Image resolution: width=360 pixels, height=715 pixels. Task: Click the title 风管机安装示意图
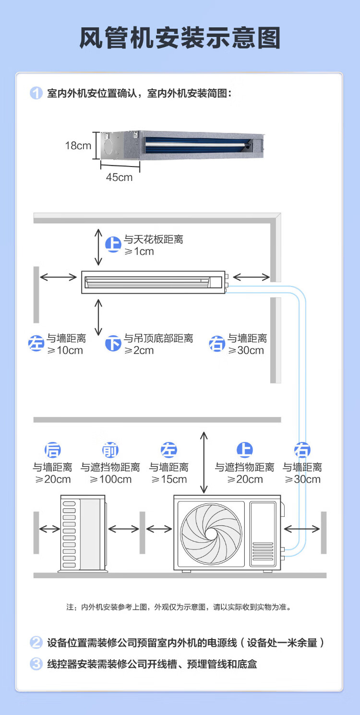click(x=180, y=38)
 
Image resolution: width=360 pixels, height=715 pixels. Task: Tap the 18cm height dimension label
click(x=78, y=145)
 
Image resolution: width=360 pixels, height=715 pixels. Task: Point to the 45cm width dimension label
click(x=119, y=177)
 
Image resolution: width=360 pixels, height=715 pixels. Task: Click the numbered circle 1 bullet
click(x=36, y=93)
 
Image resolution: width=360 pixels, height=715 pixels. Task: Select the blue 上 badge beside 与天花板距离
click(x=113, y=245)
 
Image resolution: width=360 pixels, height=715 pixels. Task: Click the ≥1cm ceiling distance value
click(x=139, y=251)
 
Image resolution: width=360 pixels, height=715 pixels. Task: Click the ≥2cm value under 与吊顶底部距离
click(x=139, y=350)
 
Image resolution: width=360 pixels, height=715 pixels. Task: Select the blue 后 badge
click(x=52, y=451)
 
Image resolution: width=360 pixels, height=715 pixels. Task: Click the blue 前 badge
click(x=110, y=451)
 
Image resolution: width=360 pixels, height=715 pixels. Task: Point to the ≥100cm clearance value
click(x=110, y=479)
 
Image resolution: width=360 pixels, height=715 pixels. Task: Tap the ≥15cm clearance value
click(x=169, y=479)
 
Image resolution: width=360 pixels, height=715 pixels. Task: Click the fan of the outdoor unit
click(x=211, y=533)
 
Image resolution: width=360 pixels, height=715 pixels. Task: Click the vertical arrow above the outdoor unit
click(x=204, y=462)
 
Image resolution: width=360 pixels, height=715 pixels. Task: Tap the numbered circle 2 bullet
click(x=36, y=643)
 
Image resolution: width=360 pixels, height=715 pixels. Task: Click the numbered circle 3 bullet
click(x=36, y=664)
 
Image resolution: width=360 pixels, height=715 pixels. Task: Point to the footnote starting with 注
click(x=179, y=607)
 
